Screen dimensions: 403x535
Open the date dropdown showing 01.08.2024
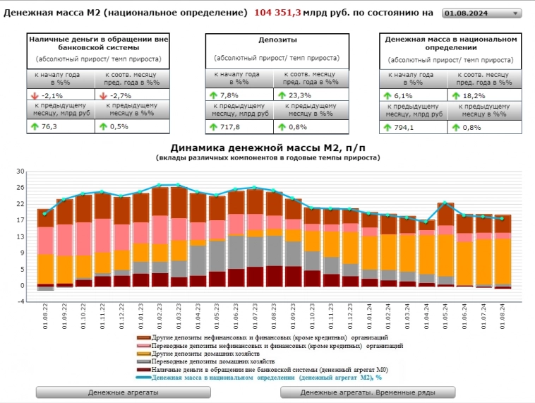pyautogui.click(x=482, y=13)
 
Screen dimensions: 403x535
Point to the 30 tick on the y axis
pyautogui.click(x=20, y=172)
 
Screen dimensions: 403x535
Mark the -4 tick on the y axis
pyautogui.click(x=20, y=301)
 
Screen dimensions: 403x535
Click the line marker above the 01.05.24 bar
pyautogui.click(x=445, y=203)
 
